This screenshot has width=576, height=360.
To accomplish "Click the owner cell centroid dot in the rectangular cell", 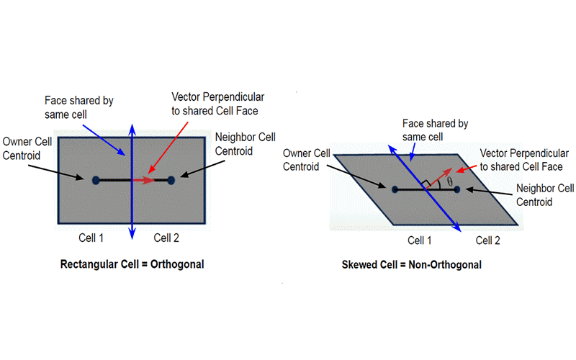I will click(x=96, y=180).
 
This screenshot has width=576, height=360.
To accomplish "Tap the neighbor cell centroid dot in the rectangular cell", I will click(x=171, y=180).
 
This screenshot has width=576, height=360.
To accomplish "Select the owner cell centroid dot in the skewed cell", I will click(x=395, y=190).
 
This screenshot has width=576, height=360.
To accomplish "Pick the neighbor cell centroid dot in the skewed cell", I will click(x=456, y=190).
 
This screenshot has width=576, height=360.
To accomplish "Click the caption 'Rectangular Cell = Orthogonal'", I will click(x=132, y=264).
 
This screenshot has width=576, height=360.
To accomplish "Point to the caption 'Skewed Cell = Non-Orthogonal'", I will click(x=411, y=264).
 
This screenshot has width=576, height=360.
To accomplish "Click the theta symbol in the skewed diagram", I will click(x=451, y=182).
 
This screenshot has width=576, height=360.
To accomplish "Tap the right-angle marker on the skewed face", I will click(x=427, y=182).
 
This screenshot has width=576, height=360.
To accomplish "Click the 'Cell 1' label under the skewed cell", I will click(x=420, y=240).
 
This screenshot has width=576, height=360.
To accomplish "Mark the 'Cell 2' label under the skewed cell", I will click(x=487, y=240).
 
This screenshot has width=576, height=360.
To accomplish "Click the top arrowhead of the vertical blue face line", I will click(x=131, y=127).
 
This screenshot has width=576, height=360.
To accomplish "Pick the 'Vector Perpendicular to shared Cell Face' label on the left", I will click(x=215, y=103).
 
